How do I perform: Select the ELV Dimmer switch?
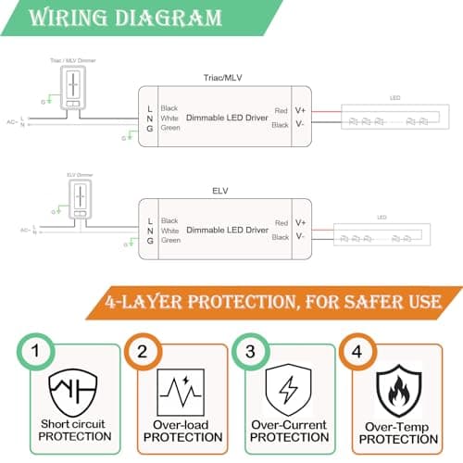[80, 198]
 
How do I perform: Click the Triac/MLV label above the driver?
[221, 78]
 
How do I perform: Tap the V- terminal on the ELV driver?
[300, 237]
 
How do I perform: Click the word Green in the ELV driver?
[170, 240]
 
